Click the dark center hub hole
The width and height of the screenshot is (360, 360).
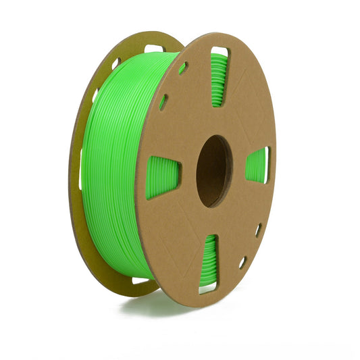[213, 171]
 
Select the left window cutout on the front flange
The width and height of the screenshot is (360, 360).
[163, 178]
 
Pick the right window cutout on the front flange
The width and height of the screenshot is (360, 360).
[257, 165]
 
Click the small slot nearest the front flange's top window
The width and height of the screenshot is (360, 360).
[183, 68]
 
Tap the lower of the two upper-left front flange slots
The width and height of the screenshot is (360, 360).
[163, 102]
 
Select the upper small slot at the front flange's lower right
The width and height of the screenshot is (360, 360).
[258, 230]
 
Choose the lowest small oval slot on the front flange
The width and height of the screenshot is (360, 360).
[242, 261]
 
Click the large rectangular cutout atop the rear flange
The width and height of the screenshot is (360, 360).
[153, 49]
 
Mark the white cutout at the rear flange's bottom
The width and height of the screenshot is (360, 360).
[140, 280]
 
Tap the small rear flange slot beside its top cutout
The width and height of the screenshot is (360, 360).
[115, 63]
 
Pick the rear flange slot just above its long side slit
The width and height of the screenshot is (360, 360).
[94, 96]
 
